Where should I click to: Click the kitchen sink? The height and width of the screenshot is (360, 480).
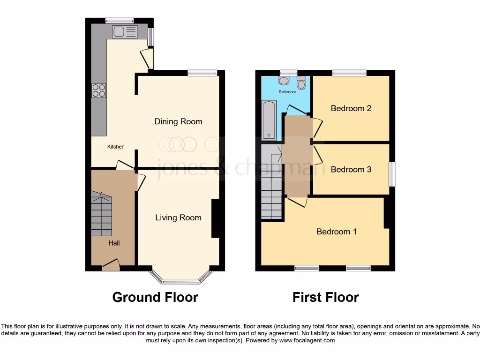(124, 32)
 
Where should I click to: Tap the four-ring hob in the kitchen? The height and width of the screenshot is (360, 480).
(99, 90)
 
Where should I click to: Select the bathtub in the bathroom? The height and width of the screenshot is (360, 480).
(269, 120)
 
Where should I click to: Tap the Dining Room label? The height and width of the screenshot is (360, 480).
(179, 121)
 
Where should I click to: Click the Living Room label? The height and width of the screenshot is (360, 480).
(178, 217)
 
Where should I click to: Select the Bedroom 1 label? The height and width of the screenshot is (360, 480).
(337, 232)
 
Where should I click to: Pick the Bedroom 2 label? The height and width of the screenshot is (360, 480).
(351, 108)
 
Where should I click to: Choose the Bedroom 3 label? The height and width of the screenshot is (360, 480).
(351, 169)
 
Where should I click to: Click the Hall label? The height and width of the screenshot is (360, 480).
(114, 243)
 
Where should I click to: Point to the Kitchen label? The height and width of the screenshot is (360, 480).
(116, 147)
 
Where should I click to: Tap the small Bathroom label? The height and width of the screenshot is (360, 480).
(287, 92)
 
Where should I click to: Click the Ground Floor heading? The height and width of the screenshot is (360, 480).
(155, 297)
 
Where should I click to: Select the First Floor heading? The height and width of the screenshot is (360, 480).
(326, 297)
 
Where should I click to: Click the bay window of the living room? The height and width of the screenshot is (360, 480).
(180, 280)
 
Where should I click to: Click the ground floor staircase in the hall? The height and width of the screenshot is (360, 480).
(102, 216)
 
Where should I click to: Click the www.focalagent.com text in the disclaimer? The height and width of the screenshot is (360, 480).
(307, 340)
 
